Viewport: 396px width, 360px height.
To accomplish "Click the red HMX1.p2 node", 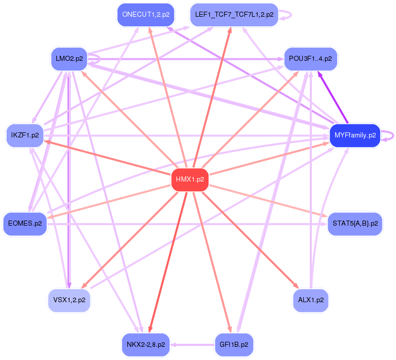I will point(190,179).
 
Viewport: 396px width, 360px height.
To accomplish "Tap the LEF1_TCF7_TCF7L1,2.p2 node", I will point(234,15).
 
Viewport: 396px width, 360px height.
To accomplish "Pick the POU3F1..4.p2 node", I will point(310,59).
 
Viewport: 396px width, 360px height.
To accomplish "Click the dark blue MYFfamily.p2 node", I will point(355,135).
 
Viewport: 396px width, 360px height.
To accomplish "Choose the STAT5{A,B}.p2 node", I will point(355,224).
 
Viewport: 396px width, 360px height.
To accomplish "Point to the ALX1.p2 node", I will point(311,300).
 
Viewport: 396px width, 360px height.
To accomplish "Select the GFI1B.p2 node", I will point(234,345).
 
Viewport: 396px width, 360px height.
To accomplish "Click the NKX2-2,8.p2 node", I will point(146,345).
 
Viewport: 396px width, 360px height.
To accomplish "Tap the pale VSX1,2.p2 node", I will point(69,300).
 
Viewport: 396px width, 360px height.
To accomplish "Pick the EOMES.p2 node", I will point(25,224).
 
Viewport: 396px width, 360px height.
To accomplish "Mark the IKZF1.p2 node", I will point(25,135).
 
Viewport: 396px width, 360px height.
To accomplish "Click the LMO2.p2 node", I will point(69,59).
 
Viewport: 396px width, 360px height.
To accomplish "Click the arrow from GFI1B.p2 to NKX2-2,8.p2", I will point(192,345).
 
